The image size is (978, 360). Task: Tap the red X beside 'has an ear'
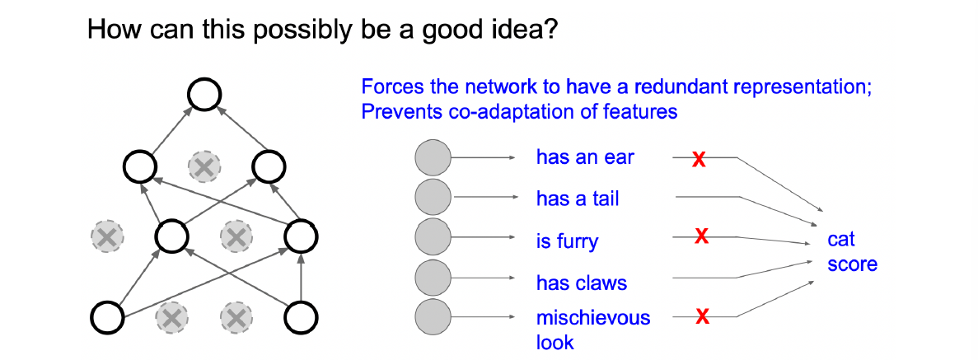point(699,160)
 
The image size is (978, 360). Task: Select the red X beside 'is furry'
point(702,236)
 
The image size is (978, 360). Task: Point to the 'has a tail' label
point(578,199)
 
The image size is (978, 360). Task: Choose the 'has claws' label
point(582,283)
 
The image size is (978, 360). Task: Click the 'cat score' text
point(852,252)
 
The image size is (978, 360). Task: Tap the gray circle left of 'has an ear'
point(433,157)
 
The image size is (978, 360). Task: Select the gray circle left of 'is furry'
point(433,238)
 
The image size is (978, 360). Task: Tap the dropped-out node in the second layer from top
point(204,166)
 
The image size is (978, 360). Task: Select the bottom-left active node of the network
point(108,317)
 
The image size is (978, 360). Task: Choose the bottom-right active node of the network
point(302,317)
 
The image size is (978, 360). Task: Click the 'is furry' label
point(567,241)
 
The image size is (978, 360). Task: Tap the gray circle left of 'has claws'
point(433,277)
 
